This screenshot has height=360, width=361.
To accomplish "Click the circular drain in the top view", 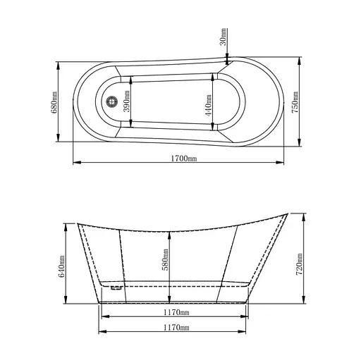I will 110,102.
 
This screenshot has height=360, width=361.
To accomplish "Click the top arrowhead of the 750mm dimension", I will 302,58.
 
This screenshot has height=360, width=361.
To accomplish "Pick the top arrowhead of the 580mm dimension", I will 171,233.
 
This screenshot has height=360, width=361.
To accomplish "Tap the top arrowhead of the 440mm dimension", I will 212,75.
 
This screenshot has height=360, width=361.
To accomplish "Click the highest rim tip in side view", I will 289,211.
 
